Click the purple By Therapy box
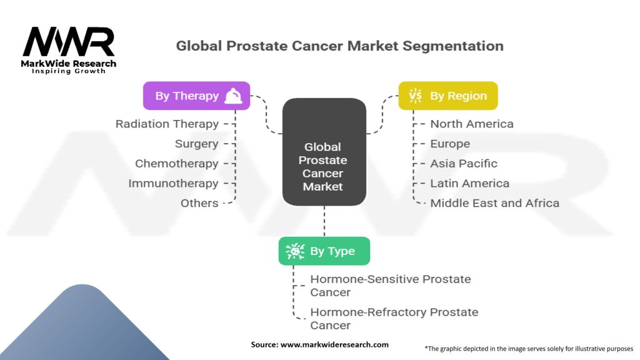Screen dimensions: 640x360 pyautogui.click(x=196, y=96)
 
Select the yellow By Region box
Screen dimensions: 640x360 pyautogui.click(x=448, y=96)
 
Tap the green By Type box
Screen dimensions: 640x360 pyautogui.click(x=324, y=251)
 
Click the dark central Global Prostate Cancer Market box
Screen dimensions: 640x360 pyautogui.click(x=324, y=152)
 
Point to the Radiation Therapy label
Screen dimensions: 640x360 pyautogui.click(x=167, y=124)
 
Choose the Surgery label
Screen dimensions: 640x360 pyautogui.click(x=197, y=144)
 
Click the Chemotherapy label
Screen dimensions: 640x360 pyautogui.click(x=177, y=163)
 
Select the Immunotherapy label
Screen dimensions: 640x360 pyautogui.click(x=174, y=183)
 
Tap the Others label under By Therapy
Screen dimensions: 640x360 pyautogui.click(x=199, y=203)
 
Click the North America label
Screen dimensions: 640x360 pyautogui.click(x=472, y=124)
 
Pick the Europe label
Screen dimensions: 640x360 pyautogui.click(x=450, y=144)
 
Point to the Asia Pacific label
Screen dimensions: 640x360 pyautogui.click(x=464, y=163)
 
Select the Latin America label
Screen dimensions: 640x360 pyautogui.click(x=470, y=183)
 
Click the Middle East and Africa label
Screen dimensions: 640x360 pyautogui.click(x=495, y=203)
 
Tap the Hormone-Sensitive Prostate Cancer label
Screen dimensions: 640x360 pyautogui.click(x=391, y=286)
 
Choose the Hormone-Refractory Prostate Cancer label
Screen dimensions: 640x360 pyautogui.click(x=394, y=319)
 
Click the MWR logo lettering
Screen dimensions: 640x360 pyautogui.click(x=69, y=41)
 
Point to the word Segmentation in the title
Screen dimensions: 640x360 pyautogui.click(x=453, y=46)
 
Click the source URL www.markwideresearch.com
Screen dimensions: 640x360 pyautogui.click(x=334, y=344)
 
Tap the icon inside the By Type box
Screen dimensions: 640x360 pyautogui.click(x=295, y=251)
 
